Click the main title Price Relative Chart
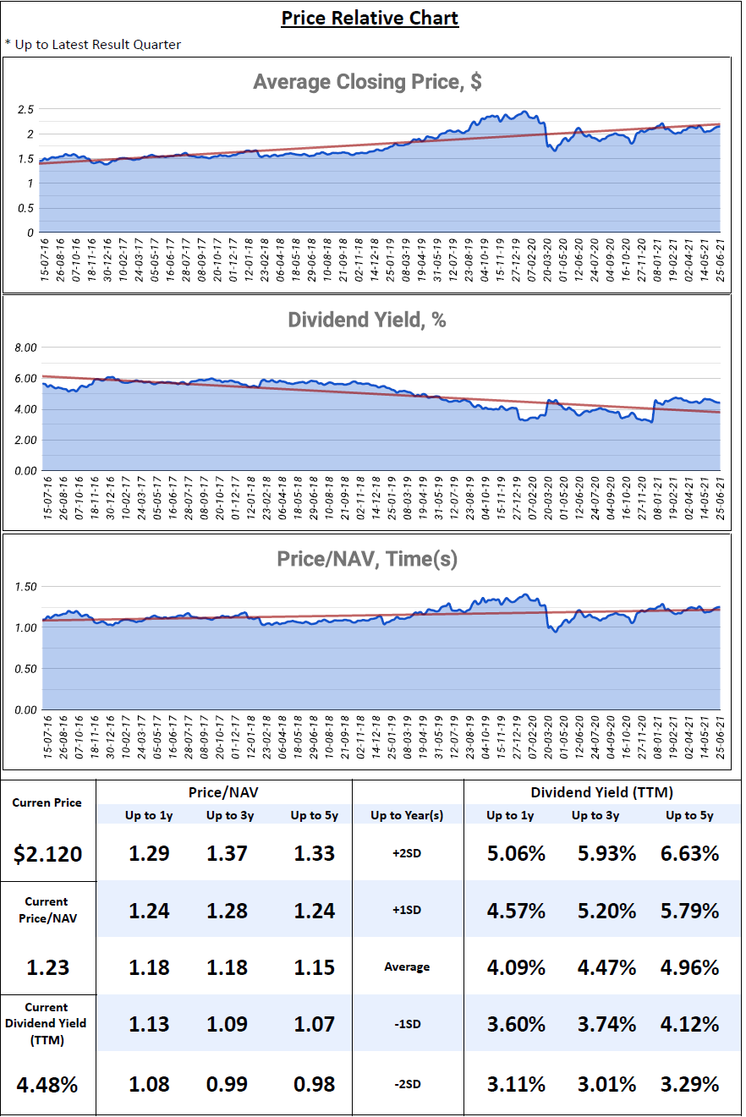pos(370,18)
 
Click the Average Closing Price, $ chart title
pos(367,82)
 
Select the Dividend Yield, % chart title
pos(367,320)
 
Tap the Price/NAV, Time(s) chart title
pos(367,559)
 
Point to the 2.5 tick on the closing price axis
pos(25,110)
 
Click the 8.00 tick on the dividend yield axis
pos(26,348)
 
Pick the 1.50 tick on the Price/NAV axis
pos(26,586)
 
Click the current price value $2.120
pos(48,854)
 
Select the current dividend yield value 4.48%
pos(47,1084)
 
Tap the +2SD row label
pos(407,854)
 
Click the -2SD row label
pos(407,1084)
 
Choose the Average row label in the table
pos(407,967)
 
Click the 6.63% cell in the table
pos(689,853)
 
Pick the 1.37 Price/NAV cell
pos(227,853)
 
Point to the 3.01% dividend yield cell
pos(603,1084)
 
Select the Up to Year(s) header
pos(407,816)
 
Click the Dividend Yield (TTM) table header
pos(602,792)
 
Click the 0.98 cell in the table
pos(314,1084)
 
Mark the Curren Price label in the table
pos(47,802)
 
